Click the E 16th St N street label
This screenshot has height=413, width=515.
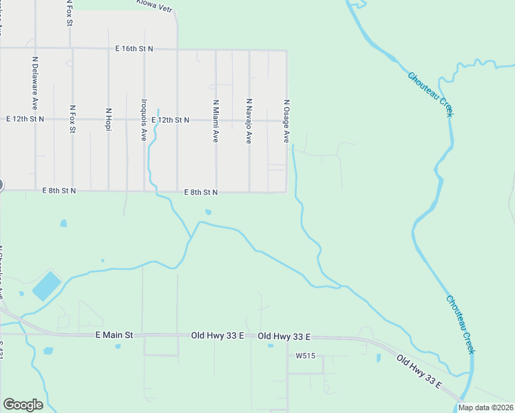(x=134, y=49)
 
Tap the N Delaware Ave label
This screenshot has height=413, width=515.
(x=34, y=83)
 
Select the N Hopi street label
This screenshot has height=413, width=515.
(x=108, y=120)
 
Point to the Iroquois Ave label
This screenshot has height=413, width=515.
(x=144, y=118)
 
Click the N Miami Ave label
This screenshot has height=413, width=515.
(x=216, y=120)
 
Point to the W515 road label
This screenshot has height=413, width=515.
(x=305, y=356)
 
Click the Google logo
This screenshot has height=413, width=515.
(x=23, y=405)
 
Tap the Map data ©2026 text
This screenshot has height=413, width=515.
(x=486, y=407)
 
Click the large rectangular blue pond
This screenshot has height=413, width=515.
(x=47, y=286)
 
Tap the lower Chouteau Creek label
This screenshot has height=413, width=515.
(x=461, y=324)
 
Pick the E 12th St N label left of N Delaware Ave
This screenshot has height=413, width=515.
(x=25, y=119)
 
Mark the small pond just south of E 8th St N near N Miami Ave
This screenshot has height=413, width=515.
(x=208, y=212)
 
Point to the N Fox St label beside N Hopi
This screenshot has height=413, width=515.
(x=72, y=119)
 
